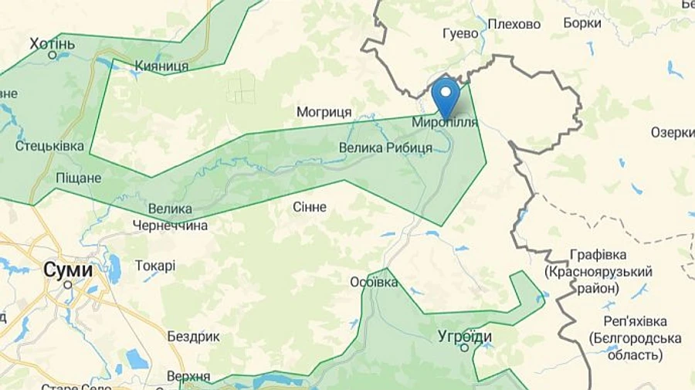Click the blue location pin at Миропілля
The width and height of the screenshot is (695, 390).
445,96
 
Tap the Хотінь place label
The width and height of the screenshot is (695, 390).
53,42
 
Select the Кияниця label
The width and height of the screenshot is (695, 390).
161,66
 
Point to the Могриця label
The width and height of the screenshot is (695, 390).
324,112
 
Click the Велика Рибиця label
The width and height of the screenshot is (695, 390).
385,148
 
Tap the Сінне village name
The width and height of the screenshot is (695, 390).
310,207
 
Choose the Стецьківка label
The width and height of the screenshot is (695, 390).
49,145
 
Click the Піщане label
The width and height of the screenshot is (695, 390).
79,178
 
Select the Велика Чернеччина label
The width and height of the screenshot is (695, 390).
170,217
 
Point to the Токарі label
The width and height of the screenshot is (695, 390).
155,266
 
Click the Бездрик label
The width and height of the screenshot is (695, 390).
194,337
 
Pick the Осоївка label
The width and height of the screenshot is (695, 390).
374,282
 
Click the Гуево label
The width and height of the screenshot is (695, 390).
461,34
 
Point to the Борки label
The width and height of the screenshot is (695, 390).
582,23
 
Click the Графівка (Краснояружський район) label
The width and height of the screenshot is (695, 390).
598,271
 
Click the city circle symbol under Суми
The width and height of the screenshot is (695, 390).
68,284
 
